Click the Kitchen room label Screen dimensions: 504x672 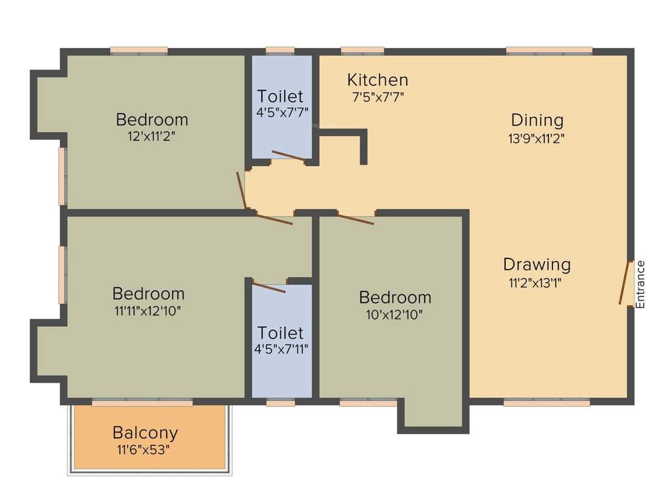point(377,80)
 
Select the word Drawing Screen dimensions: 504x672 point(537,264)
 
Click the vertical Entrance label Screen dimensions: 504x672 point(640,284)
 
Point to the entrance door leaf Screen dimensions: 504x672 point(625,283)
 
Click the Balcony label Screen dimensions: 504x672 point(145,433)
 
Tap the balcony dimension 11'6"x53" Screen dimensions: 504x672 point(145,450)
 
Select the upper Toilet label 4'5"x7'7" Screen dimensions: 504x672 point(280,96)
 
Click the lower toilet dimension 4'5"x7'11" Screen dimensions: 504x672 point(281,348)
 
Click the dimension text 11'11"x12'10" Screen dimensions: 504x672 point(148,310)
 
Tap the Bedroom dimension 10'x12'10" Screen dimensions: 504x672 point(394,314)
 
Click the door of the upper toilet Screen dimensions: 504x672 point(288,156)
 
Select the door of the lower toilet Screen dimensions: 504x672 point(269,287)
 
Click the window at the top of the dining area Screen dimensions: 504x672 point(549,51)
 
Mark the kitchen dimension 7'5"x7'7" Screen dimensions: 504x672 point(377,96)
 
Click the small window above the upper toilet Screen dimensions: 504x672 point(280,51)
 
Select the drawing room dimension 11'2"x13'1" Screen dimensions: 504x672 point(535,283)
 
